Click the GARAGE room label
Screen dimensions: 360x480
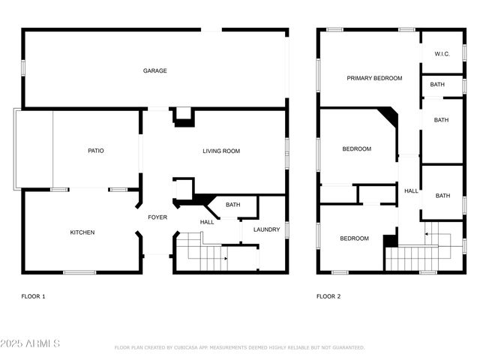pos(155,71)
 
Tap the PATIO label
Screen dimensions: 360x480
pos(96,151)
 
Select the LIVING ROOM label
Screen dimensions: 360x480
pos(221,151)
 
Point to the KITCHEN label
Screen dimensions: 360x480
pos(82,232)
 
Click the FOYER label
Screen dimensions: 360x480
pos(157,217)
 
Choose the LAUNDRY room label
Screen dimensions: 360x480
pos(266,229)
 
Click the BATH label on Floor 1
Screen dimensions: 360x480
pos(233,205)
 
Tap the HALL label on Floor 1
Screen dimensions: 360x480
pos(208,222)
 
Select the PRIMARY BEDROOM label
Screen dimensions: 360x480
pos(374,78)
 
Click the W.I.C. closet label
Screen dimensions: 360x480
pos(441,54)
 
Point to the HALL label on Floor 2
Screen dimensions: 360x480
pos(412,191)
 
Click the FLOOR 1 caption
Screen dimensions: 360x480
pos(33,296)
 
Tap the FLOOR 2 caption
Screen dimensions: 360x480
pos(328,296)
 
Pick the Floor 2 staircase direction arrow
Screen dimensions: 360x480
pos(426,234)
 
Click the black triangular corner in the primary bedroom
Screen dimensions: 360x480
pos(389,115)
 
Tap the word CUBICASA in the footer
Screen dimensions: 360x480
pos(185,348)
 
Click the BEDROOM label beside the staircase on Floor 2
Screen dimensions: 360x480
pos(354,238)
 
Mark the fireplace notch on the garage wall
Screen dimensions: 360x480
pos(184,116)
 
